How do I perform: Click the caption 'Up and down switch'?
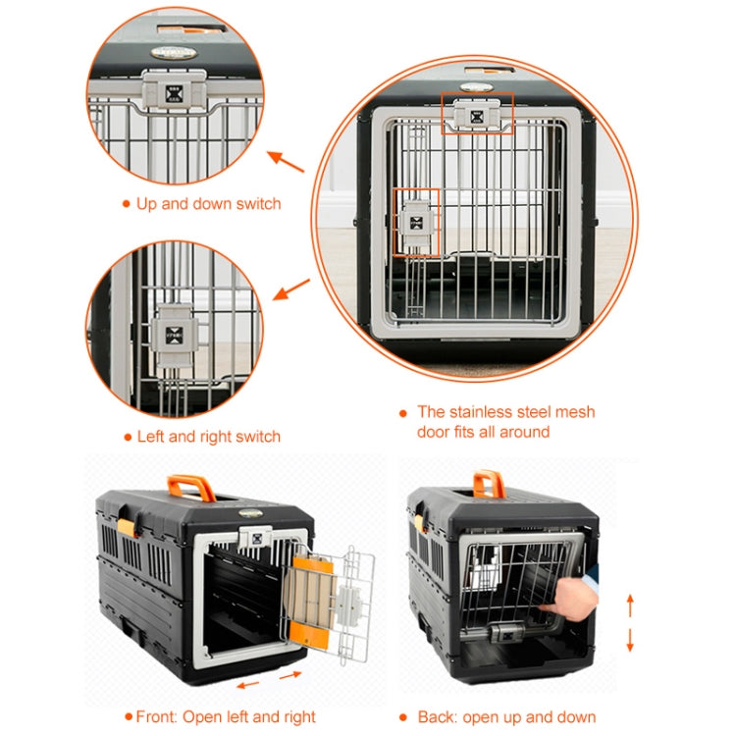coord(208,204)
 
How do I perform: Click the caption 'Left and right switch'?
coord(208,437)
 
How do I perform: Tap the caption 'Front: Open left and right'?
coord(226,716)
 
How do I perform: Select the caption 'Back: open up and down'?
coord(506,716)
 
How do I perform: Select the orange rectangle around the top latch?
coord(477,114)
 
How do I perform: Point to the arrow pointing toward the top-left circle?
coord(287,161)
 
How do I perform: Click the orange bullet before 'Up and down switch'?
coord(126,204)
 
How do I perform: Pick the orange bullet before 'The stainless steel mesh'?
coord(402,413)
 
